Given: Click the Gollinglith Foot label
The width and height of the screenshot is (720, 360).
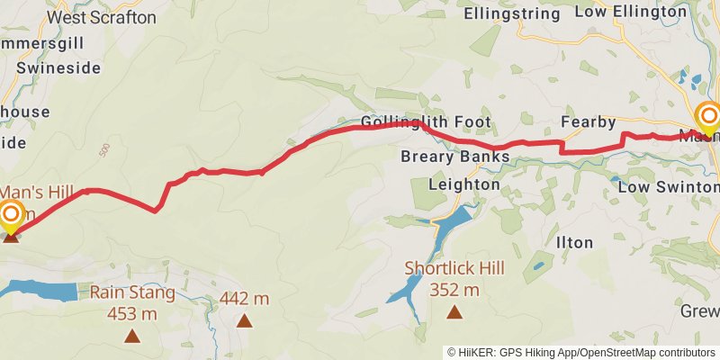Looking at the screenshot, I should click(426, 121).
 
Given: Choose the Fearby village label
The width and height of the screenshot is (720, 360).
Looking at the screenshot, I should click(588, 121).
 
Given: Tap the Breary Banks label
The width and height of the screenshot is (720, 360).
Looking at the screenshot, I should click(454, 157).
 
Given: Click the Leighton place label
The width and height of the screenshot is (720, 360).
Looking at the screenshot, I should click(463, 184).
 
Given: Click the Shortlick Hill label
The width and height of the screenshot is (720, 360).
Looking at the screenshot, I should click(454, 267).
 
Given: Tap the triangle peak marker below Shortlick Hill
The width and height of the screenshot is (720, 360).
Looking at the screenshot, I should click(454, 312).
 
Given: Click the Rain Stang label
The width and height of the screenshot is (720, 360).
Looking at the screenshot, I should click(132, 292).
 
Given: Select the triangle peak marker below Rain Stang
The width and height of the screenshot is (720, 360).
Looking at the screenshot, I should click(132, 337).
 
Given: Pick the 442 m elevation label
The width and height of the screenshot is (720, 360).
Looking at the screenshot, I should click(244, 298).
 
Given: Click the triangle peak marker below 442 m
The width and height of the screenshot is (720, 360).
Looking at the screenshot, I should click(244, 319).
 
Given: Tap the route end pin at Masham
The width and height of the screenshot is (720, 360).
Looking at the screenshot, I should click(708, 117).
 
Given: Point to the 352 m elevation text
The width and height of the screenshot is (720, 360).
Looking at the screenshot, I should click(454, 289).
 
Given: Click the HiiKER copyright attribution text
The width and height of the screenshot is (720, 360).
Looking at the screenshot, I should click(581, 352).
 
